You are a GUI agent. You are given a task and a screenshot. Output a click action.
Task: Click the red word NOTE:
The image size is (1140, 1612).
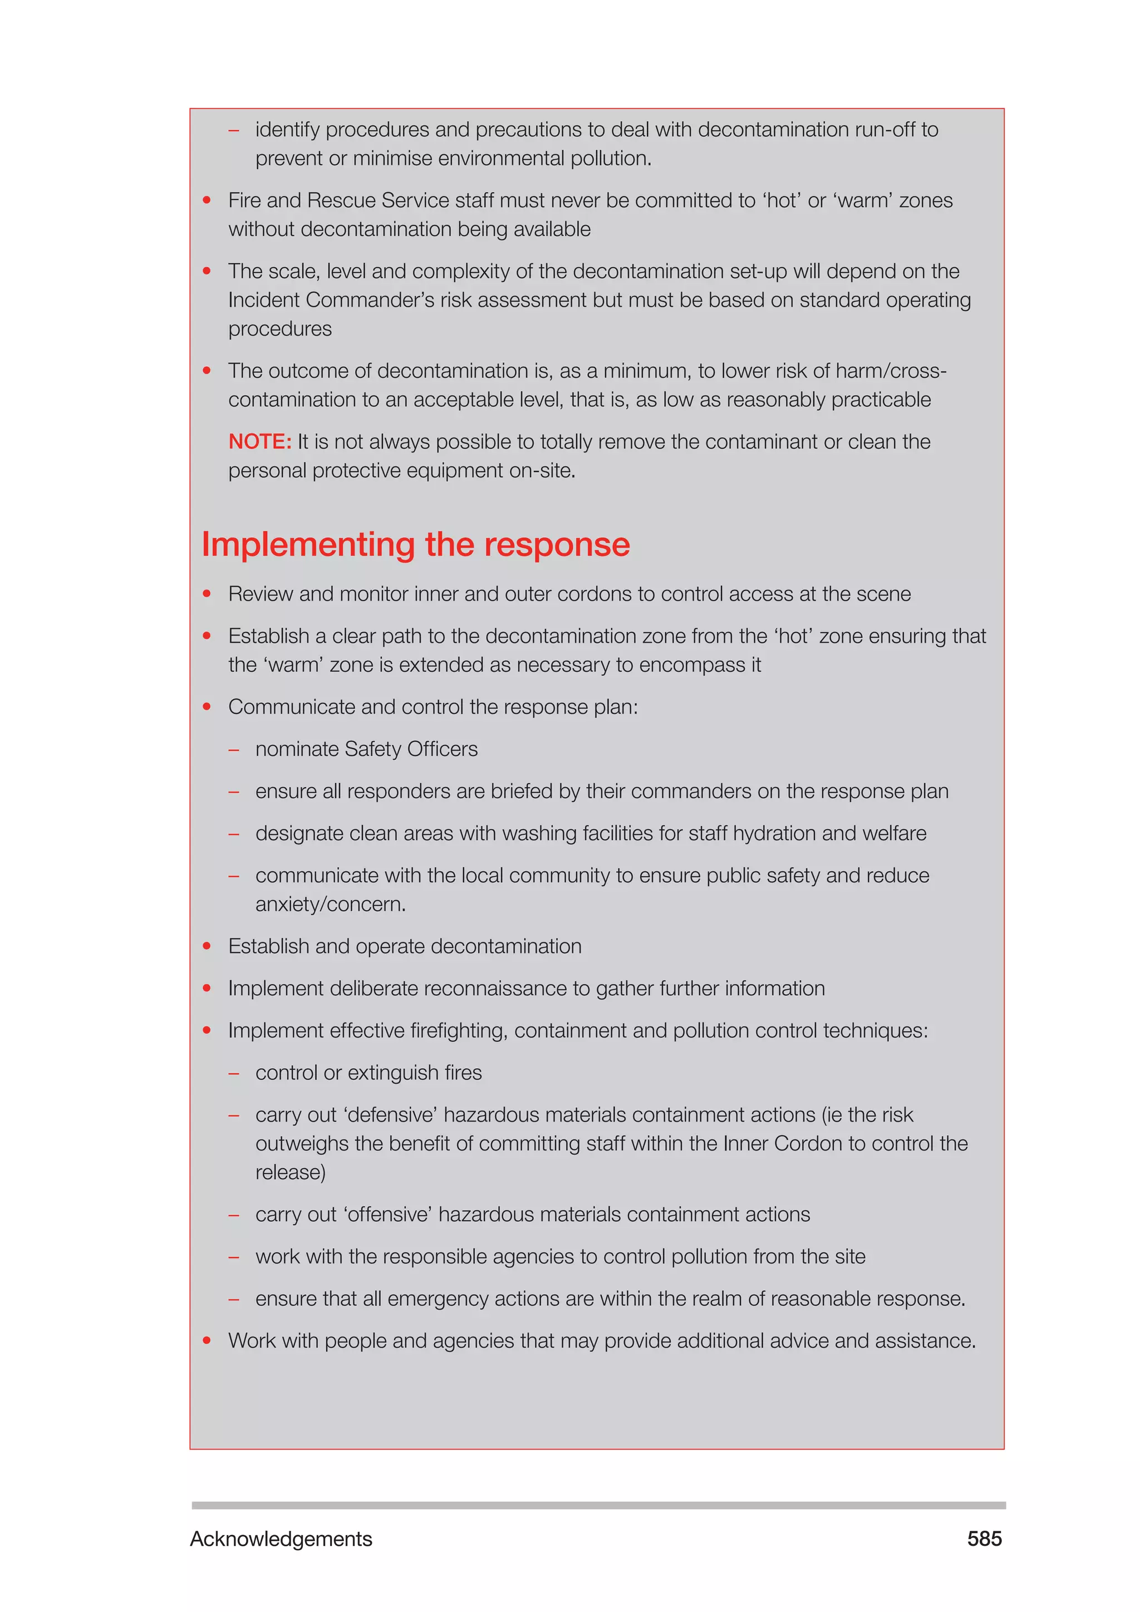pos(259,441)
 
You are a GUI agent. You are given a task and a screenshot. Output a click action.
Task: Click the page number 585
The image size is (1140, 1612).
pos(984,1539)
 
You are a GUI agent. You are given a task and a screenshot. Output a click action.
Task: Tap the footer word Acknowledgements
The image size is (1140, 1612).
pos(281,1539)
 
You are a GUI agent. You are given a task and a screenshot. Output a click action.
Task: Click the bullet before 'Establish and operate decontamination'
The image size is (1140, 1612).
pos(207,946)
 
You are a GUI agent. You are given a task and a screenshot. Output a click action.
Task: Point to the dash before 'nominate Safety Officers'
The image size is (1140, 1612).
pos(234,750)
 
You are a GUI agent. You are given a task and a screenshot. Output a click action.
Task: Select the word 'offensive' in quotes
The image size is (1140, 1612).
pos(387,1215)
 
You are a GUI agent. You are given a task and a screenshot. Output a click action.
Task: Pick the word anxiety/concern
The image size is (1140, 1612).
pos(330,905)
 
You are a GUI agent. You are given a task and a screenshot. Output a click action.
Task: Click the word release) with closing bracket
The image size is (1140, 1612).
pos(290,1172)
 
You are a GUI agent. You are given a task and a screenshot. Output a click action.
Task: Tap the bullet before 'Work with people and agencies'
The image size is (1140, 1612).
pos(207,1340)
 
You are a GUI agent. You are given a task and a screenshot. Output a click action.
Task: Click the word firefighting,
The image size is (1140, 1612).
pos(459,1031)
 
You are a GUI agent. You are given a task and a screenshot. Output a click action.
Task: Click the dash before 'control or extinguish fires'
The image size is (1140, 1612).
pos(234,1074)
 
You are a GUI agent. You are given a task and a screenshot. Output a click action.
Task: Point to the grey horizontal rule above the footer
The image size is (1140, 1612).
pos(598,1505)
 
